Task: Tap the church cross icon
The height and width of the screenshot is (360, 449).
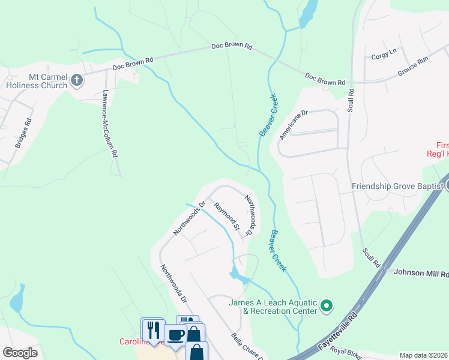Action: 76,79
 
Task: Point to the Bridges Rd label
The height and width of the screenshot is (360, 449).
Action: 23,133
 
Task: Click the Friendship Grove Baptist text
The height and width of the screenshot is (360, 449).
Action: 397,186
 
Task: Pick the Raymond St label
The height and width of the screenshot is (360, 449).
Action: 228,217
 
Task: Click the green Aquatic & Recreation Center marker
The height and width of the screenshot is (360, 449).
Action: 327,307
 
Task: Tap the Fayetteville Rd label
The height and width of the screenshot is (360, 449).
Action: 337,328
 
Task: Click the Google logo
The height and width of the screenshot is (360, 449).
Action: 19,353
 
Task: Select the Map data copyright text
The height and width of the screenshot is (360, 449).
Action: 424,355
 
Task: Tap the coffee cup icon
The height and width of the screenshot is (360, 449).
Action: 175,334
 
